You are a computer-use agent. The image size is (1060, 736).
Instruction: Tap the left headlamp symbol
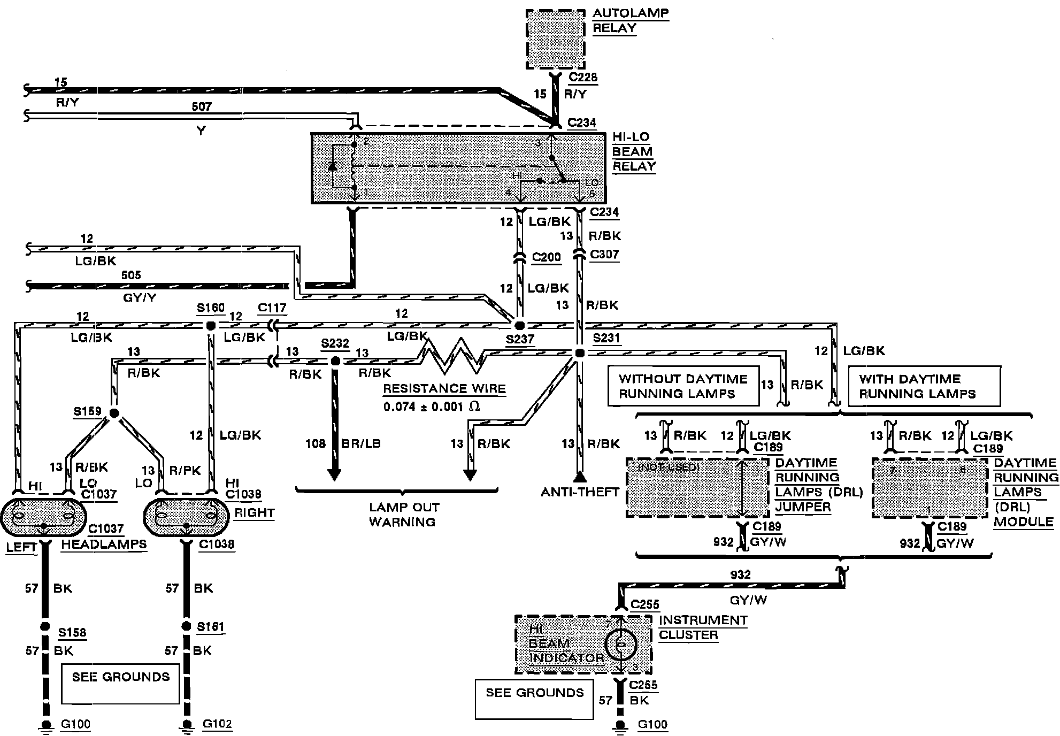[x=43, y=517]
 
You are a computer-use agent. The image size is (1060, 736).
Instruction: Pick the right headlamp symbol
[x=186, y=517]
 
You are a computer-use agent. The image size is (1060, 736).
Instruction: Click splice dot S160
[x=210, y=326]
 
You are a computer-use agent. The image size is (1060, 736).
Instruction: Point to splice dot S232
[x=335, y=361]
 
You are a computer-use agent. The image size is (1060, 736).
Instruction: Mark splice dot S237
[x=518, y=325]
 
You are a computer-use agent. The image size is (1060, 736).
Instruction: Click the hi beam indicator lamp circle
[x=620, y=644]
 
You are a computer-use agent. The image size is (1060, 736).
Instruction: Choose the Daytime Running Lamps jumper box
[x=698, y=487]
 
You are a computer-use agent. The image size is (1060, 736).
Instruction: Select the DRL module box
[x=930, y=487]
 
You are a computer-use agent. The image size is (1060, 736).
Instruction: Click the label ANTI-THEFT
[x=580, y=492]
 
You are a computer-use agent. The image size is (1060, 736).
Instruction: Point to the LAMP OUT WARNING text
[x=404, y=515]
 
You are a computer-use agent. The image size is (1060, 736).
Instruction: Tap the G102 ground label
[x=217, y=724]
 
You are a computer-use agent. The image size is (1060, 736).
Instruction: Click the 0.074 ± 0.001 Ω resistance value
[x=431, y=407]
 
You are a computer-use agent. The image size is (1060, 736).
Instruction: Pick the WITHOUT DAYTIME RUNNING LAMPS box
[x=683, y=386]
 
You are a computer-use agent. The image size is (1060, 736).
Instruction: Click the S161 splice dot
[x=186, y=626]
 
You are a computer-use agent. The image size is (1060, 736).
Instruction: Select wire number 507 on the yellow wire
[x=201, y=107]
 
